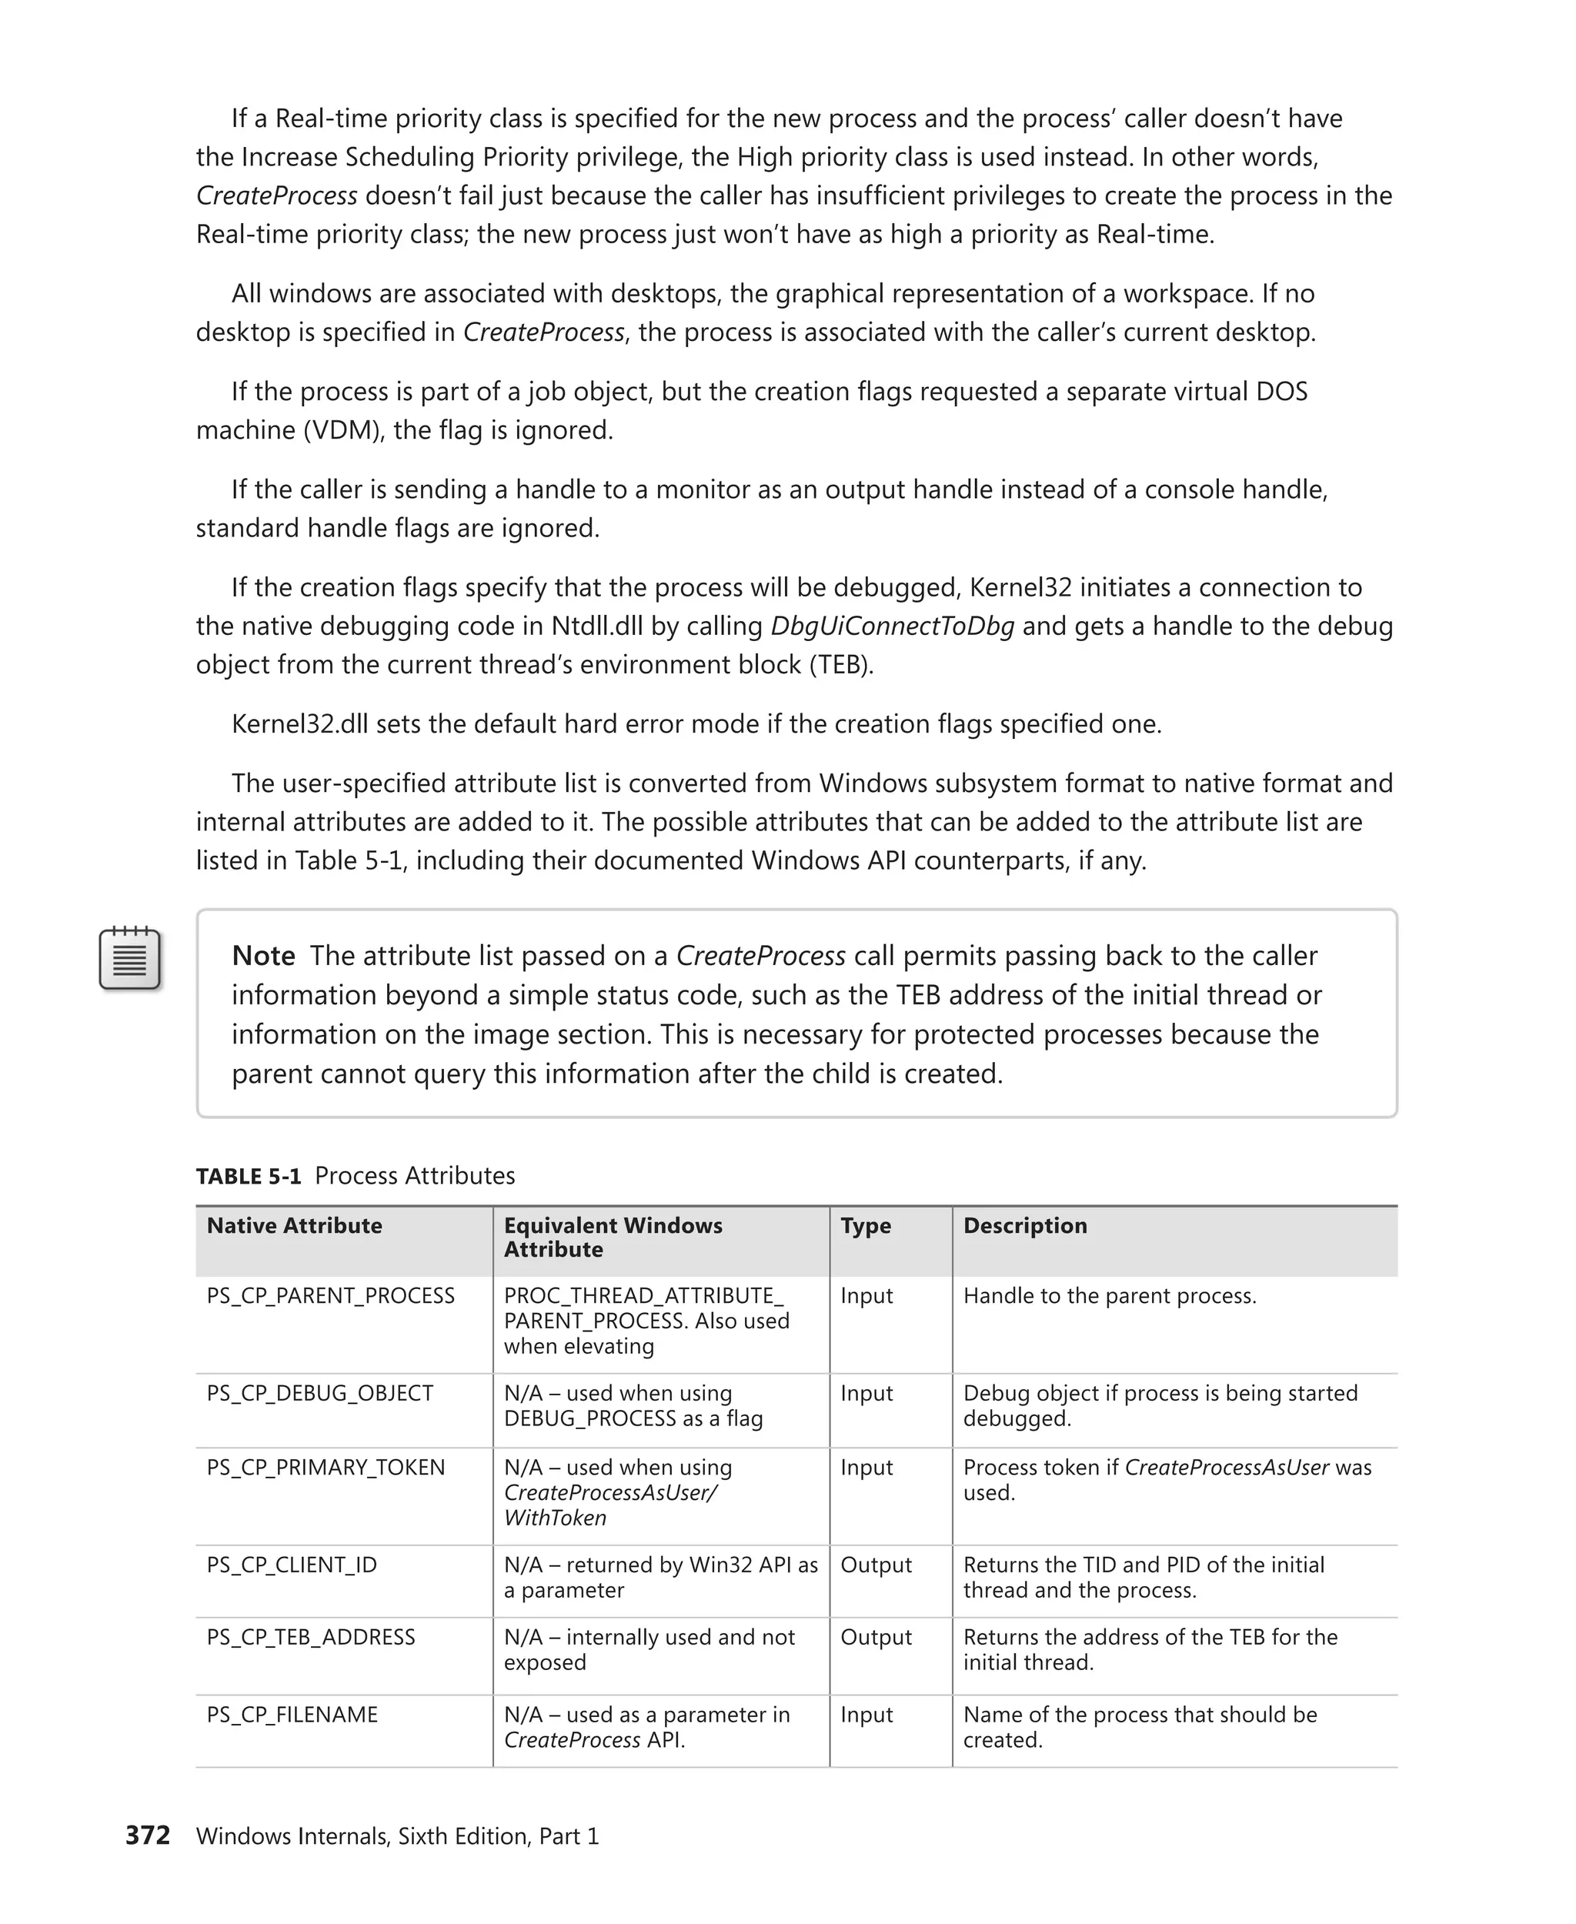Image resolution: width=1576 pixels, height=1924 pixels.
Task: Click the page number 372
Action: coord(147,1835)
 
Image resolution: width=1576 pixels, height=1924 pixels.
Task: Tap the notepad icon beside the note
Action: coord(130,959)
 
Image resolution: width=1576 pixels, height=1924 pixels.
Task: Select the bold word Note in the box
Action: coord(263,956)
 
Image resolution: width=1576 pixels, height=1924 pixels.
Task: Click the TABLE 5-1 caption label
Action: coord(248,1176)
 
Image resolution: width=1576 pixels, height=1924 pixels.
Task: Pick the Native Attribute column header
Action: coord(294,1226)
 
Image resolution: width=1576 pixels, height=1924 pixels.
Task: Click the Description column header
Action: coord(1024,1226)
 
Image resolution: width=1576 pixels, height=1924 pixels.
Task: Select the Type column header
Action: coord(865,1226)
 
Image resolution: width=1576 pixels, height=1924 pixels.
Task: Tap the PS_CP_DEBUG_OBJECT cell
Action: coord(319,1393)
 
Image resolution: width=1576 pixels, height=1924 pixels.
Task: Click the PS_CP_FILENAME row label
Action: coord(292,1714)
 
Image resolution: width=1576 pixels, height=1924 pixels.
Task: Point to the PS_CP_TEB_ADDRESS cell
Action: coord(310,1637)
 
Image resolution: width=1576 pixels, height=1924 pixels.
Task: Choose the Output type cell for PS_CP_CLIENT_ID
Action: coord(875,1565)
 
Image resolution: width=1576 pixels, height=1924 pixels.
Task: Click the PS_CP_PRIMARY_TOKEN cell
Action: coord(325,1468)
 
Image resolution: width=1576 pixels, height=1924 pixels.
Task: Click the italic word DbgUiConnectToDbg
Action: coord(891,626)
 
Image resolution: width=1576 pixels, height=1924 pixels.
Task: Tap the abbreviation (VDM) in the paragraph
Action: coord(342,430)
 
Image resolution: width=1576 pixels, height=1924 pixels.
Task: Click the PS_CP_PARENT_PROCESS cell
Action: coord(330,1296)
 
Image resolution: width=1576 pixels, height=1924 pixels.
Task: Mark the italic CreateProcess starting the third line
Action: coord(277,196)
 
